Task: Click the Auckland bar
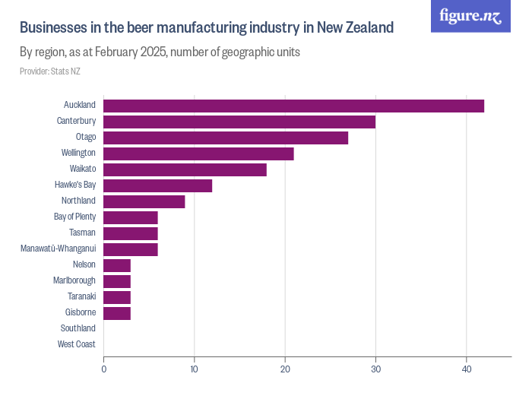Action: click(x=293, y=106)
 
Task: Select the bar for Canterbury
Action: click(x=239, y=122)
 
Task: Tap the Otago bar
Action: click(x=226, y=138)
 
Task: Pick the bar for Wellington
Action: click(x=198, y=154)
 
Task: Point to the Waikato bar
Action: click(x=185, y=169)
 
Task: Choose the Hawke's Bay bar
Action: click(x=157, y=185)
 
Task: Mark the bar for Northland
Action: click(x=144, y=201)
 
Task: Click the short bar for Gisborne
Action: click(x=117, y=313)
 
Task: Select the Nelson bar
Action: click(x=117, y=265)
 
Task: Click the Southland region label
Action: click(x=78, y=328)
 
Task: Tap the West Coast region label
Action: click(x=76, y=344)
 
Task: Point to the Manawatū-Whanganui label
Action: click(x=58, y=249)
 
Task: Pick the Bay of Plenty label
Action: click(x=74, y=217)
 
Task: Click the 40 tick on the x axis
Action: click(x=467, y=369)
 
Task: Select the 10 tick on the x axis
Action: click(x=195, y=369)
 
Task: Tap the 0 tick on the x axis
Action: click(x=104, y=369)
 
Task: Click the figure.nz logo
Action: click(x=470, y=17)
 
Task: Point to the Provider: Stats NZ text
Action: click(x=49, y=71)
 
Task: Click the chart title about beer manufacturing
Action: click(x=206, y=28)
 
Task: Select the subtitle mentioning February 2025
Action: click(x=160, y=53)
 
